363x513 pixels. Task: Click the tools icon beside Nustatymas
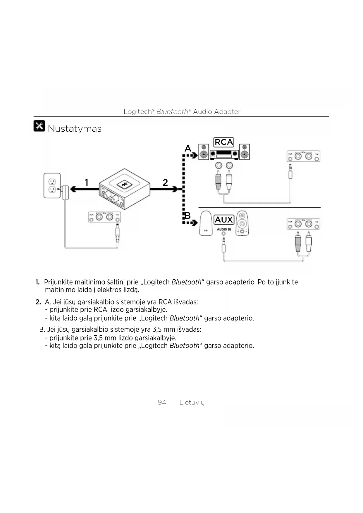[39, 126]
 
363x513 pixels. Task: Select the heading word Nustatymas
[75, 129]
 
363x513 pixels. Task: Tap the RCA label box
[224, 142]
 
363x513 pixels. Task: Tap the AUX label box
[224, 220]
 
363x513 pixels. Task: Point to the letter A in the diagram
[188, 149]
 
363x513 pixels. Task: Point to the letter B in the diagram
[187, 216]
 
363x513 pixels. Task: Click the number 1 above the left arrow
[87, 183]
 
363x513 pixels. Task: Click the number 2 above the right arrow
[165, 183]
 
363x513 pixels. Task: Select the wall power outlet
[52, 186]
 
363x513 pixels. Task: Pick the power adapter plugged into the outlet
[66, 192]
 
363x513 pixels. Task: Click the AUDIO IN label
[224, 229]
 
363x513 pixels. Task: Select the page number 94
[162, 402]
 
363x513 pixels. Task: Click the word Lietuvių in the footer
[192, 402]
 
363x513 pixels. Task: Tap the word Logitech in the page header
[137, 112]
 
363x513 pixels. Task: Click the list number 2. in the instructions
[38, 302]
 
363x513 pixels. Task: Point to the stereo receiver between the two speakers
[224, 153]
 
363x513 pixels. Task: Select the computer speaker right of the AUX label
[242, 223]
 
